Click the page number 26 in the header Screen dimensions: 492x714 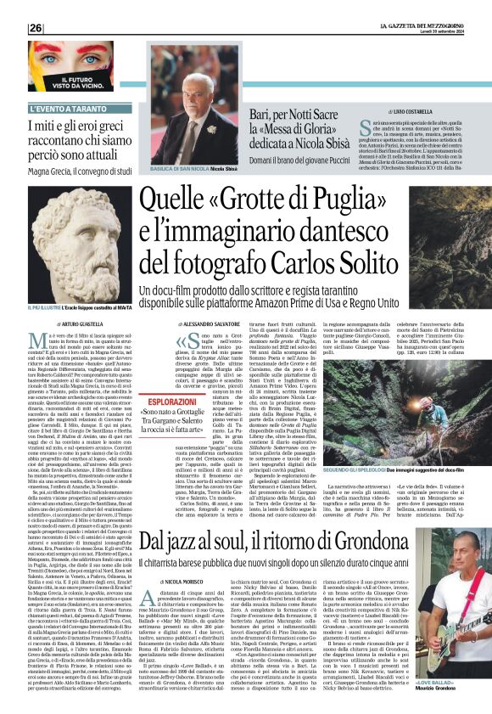[36, 28]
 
